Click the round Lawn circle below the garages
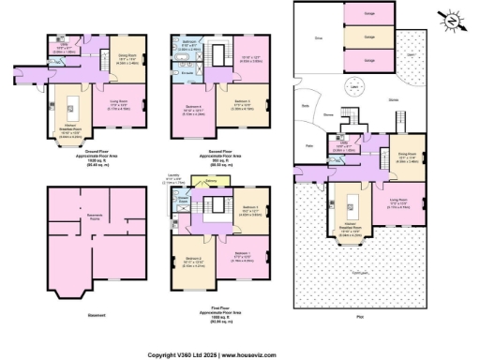point(354,90)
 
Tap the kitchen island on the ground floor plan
point(70,100)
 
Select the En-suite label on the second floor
point(187,70)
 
